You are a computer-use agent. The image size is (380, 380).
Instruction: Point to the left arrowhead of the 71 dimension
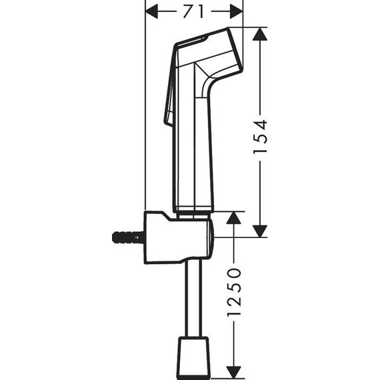pos(152,11)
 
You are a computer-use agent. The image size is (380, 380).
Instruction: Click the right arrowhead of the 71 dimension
pos(236,11)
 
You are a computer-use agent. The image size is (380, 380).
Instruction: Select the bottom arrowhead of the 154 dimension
pos(260,230)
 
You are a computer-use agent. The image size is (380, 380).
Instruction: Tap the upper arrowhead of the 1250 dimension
pos(233,219)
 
